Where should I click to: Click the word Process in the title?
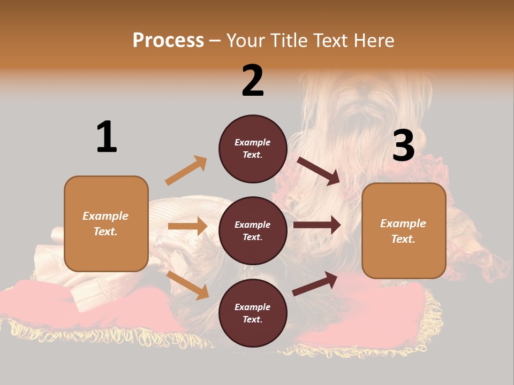[x=168, y=41]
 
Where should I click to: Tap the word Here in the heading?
[x=373, y=41]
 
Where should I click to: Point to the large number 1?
[x=107, y=137]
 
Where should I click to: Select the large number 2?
[x=253, y=81]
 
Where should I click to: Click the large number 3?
[x=403, y=145]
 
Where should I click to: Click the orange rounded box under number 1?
[x=106, y=224]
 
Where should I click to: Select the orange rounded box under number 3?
[x=404, y=231]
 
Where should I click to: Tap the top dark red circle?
[x=253, y=149]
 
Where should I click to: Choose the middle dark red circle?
[x=253, y=231]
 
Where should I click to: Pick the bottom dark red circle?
[x=253, y=313]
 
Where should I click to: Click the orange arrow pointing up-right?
[x=186, y=171]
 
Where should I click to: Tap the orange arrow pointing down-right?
[x=188, y=285]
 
